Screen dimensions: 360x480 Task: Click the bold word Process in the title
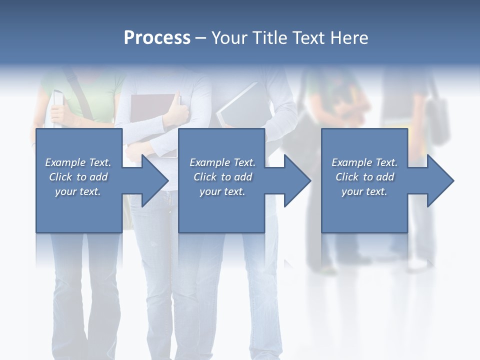[x=157, y=38]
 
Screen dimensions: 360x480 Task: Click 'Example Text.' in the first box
[x=78, y=162]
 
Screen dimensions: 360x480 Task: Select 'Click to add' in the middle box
[x=222, y=177]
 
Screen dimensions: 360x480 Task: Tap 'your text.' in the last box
[x=364, y=191]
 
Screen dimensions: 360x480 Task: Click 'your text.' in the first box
[x=78, y=191]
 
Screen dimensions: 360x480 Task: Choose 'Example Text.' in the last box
[x=364, y=162]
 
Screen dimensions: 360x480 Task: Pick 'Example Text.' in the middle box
[x=222, y=162]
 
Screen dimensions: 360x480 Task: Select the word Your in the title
[x=230, y=38]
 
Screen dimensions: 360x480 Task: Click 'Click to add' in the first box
[x=78, y=177]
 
